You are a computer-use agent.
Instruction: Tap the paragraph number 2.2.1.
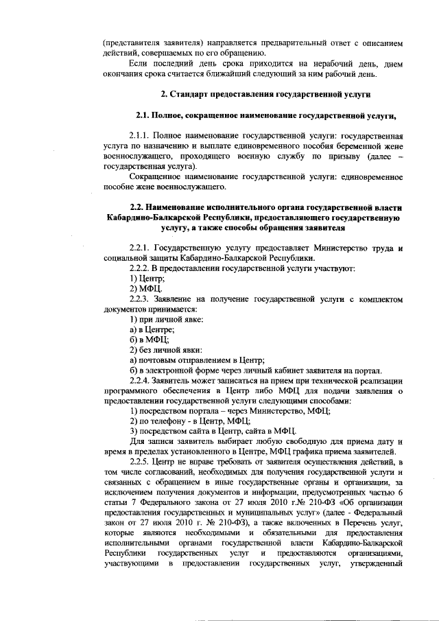142,247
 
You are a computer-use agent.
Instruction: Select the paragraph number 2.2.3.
142,300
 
